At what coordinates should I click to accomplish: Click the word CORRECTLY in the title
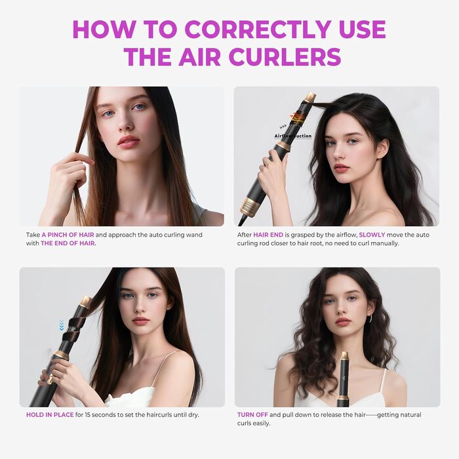click(x=256, y=29)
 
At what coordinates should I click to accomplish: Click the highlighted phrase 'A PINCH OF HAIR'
click(x=70, y=234)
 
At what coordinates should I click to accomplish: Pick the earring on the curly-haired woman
click(x=371, y=319)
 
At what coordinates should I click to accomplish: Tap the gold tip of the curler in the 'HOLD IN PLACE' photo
click(x=85, y=302)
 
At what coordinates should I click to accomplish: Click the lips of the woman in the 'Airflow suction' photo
click(x=341, y=167)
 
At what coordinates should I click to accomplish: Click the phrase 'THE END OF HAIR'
click(x=68, y=243)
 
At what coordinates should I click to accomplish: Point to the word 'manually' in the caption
click(x=382, y=243)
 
